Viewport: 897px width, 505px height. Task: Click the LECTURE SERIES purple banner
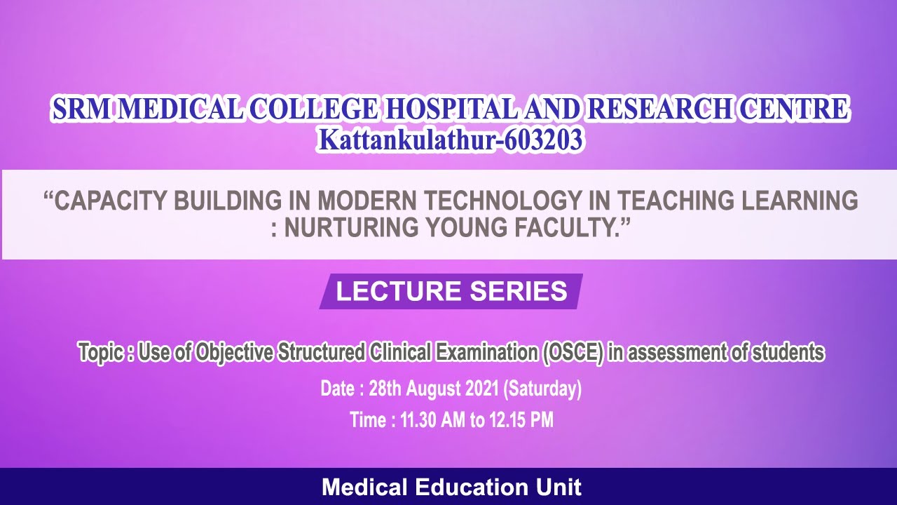451,291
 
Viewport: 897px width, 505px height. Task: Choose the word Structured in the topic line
320,352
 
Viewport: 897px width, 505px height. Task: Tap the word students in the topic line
788,352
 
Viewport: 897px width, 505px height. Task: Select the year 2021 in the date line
479,388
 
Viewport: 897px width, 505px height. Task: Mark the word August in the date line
432,388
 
